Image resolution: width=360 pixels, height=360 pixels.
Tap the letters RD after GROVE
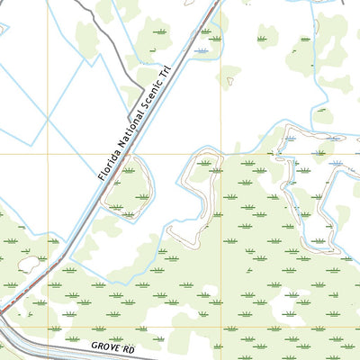click(x=126, y=346)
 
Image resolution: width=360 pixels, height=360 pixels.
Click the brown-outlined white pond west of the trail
click(x=28, y=264)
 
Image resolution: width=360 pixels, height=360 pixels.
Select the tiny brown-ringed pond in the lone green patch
click(x=230, y=81)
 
